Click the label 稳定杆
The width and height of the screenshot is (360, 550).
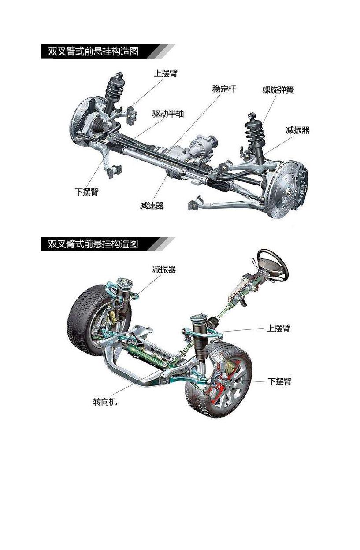pyautogui.click(x=224, y=89)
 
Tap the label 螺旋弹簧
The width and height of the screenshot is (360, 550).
pyautogui.click(x=278, y=90)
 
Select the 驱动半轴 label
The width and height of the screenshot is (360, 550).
pyautogui.click(x=168, y=114)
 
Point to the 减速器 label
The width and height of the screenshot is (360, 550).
pyautogui.click(x=152, y=205)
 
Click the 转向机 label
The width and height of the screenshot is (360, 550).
pyautogui.click(x=105, y=402)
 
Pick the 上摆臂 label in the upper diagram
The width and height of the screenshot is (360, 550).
pyautogui.click(x=165, y=73)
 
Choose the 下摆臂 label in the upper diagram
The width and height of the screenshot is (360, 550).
pyautogui.click(x=86, y=192)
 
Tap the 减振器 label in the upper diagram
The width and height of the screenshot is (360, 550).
pyautogui.click(x=297, y=130)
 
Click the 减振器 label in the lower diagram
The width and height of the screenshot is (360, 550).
pyautogui.click(x=164, y=269)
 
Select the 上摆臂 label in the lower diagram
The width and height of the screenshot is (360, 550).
pyautogui.click(x=278, y=329)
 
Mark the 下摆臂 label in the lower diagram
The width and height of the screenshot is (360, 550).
pyautogui.click(x=279, y=381)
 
